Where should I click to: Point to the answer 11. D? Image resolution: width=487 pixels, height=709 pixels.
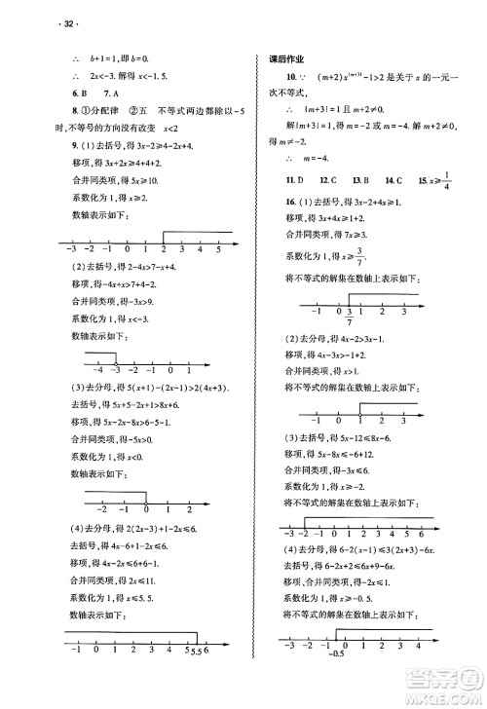pyautogui.click(x=294, y=180)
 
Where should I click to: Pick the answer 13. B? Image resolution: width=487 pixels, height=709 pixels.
pyautogui.click(x=359, y=180)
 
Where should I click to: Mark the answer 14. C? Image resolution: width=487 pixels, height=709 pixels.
pyautogui.click(x=393, y=180)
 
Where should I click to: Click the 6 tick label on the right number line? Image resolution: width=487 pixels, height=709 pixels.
pyautogui.click(x=420, y=534)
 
